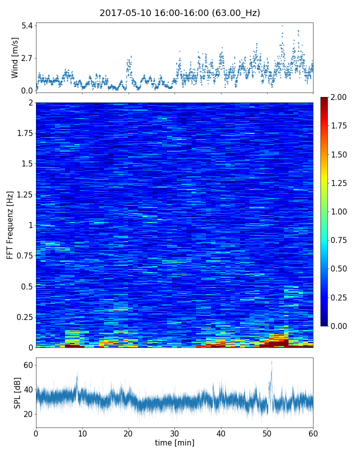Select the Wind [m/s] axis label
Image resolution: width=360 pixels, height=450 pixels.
(15, 57)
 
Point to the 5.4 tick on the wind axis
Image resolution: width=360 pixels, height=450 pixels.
(27, 25)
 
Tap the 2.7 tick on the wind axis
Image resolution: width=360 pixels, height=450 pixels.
(27, 57)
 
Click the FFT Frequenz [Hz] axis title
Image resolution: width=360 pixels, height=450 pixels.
(10, 225)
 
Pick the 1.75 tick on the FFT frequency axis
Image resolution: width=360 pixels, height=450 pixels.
(24, 133)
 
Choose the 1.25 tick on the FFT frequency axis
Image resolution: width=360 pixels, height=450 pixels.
(24, 194)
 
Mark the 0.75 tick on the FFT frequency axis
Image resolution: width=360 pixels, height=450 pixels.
(24, 255)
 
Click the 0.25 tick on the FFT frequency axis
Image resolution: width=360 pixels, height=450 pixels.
(24, 317)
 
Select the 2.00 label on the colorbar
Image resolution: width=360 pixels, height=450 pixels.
(339, 97)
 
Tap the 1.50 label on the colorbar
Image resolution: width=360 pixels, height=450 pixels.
(339, 154)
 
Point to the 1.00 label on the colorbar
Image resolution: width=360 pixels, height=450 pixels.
(339, 211)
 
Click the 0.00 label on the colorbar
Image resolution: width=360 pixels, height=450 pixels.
(339, 326)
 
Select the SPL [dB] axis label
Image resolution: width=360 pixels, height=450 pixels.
(17, 392)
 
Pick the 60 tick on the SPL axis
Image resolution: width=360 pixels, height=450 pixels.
(27, 365)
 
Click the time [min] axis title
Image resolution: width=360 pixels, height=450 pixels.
(174, 442)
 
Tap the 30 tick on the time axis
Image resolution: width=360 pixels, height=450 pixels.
(174, 432)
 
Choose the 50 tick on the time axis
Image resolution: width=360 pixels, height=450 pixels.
(267, 432)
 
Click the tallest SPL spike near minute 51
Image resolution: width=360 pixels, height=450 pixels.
(271, 362)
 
